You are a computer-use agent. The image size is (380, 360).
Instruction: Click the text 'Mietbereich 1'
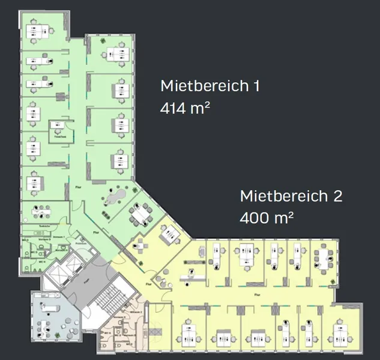pyautogui.click(x=210, y=86)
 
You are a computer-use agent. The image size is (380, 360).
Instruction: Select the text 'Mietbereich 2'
pyautogui.click(x=291, y=196)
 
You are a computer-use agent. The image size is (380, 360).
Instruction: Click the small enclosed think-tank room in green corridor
pyautogui.click(x=59, y=130)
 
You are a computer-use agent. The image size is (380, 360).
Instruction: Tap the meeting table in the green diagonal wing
pyautogui.click(x=142, y=214)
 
